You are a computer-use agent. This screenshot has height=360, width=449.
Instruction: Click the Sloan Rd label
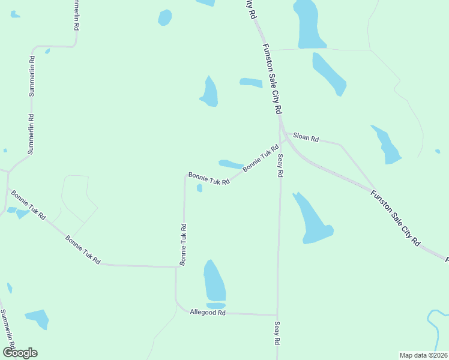point(306,137)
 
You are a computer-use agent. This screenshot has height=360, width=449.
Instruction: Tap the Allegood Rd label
point(207,313)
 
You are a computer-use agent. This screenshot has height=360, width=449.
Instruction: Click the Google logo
point(20,352)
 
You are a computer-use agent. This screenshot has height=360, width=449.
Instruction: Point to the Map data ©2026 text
point(423,355)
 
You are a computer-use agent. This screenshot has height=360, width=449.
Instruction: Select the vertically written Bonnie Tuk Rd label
point(183,244)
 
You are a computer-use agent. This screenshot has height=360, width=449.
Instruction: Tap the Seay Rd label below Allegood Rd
point(277,332)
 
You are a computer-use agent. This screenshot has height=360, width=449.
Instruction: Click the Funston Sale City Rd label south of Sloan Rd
point(395,217)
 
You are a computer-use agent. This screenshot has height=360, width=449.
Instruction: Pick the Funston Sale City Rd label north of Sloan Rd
point(272,79)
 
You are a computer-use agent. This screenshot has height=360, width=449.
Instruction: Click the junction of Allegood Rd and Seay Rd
point(277,314)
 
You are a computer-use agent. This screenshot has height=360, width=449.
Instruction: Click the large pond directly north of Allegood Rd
point(214,280)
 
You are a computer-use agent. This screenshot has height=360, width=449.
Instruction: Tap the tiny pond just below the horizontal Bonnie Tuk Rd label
point(199,188)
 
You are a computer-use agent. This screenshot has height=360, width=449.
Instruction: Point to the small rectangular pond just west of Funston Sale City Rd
point(251,83)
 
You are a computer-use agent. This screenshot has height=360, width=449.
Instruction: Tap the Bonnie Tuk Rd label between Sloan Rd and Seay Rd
point(261,158)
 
